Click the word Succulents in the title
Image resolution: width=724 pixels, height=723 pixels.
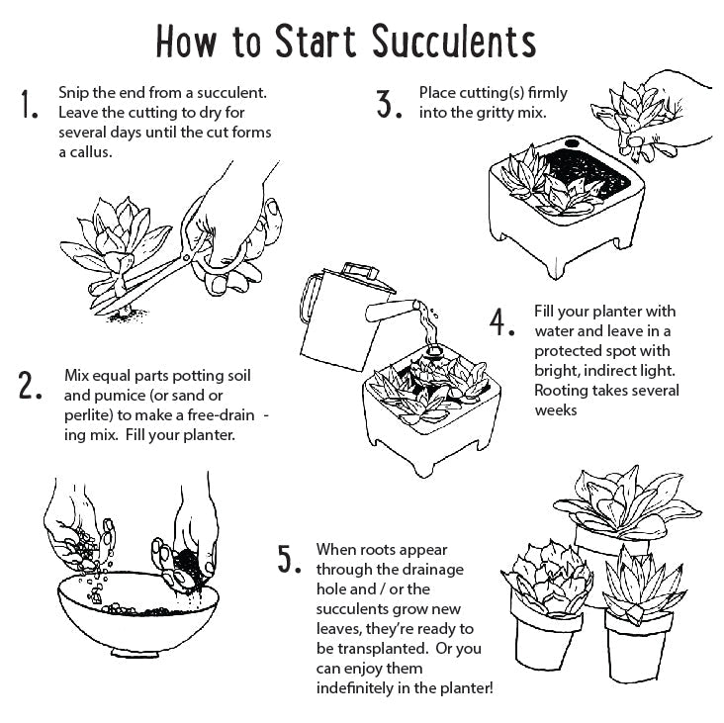454,41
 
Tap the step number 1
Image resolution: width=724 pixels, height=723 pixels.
29,106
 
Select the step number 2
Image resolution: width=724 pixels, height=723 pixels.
30,387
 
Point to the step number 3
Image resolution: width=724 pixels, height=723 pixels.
389,104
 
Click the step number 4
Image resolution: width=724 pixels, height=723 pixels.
503,322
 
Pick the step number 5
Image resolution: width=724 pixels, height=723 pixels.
289,559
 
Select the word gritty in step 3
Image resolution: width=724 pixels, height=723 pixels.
492,113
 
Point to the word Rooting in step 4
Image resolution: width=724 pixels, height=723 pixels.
562,391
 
